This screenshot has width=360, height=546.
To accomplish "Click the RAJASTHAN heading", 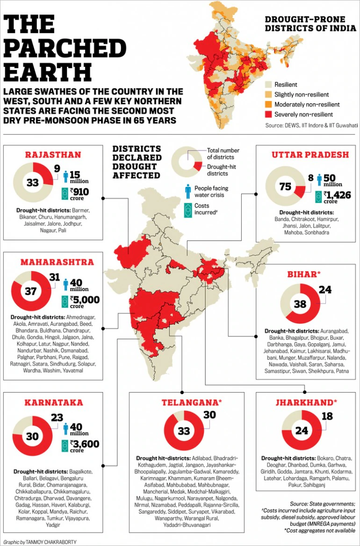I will coord(53,155).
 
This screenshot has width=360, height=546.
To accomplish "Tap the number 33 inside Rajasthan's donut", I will coord(32,183).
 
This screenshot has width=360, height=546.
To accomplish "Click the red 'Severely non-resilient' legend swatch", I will coord(268,114).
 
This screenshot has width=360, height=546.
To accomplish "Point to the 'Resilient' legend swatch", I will coord(268,85).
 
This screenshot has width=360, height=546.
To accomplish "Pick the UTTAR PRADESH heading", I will coord(310,155).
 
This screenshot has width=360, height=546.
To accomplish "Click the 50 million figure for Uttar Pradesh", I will coord(333,180).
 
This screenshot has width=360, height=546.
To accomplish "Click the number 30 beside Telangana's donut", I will coord(210,414).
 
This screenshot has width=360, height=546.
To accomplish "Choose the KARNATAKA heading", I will coord(54,402).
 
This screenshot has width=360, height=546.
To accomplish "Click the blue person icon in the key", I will coord(187,191).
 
